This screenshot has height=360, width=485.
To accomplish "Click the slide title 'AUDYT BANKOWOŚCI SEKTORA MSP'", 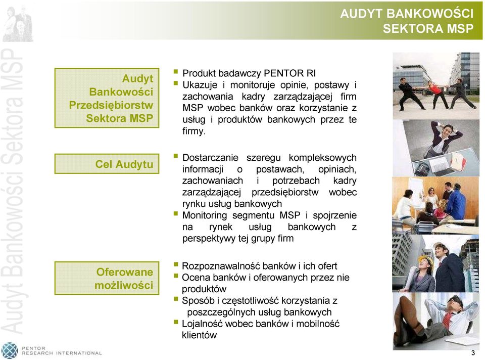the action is point(407,21).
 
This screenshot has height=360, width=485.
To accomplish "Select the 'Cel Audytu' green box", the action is point(107,164).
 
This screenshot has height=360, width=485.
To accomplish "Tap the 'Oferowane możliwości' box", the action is point(107,278).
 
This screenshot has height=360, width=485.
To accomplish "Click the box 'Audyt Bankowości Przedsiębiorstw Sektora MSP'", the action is point(107,98).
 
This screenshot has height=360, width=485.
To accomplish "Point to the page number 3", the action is point(473,353).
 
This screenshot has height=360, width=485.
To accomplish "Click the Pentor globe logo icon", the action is point(10,351).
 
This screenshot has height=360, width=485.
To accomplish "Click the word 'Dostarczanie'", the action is point(210,158).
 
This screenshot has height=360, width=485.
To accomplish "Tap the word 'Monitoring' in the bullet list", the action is point(205,215).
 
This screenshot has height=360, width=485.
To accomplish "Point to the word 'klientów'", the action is point(200,335).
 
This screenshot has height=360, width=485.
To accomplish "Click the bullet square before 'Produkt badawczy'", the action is point(176,72).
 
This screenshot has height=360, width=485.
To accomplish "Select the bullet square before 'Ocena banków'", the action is point(176,276).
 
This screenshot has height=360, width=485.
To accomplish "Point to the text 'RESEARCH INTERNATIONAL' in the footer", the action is point(62,353).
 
